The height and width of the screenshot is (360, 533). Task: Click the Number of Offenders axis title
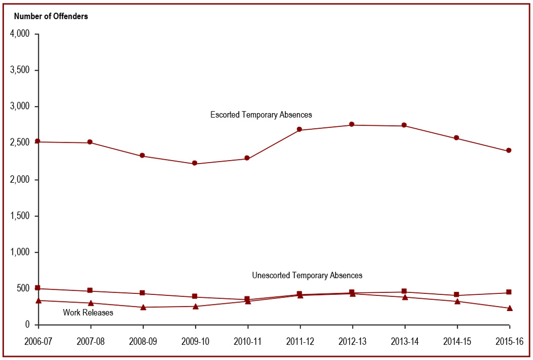coord(51,16)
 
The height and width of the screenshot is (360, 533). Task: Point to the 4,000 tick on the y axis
coord(20,34)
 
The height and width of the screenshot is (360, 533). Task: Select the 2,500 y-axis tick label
coord(20,143)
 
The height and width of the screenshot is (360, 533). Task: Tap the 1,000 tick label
coord(20,252)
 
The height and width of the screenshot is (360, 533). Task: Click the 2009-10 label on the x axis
coord(195,341)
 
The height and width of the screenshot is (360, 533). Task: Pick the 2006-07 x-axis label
coord(38,341)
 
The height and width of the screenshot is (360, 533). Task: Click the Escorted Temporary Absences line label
coord(261,115)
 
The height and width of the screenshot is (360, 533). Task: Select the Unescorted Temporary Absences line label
coord(307,275)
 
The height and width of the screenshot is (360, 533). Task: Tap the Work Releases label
coord(88,313)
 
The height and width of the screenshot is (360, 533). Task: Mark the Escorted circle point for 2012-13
coord(352,125)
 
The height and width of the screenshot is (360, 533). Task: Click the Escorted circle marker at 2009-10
coord(195,164)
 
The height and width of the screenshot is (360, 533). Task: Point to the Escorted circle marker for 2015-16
coord(509,150)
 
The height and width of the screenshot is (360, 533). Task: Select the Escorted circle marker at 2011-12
coord(300,130)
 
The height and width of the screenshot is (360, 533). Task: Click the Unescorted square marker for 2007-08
coord(90,291)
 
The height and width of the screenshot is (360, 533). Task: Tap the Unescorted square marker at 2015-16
coord(509,292)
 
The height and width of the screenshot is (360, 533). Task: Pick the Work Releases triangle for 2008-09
coord(142,307)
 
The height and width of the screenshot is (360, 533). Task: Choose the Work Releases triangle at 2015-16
coord(509,308)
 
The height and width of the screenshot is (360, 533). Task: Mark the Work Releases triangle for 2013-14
coord(405,297)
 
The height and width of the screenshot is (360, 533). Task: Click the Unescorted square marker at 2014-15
coord(457,295)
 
